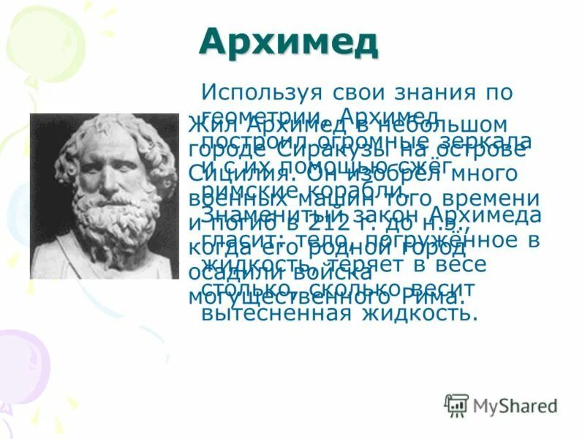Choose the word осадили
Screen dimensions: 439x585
[229, 271]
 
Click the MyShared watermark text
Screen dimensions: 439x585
[515, 405]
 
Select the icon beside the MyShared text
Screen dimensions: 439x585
[456, 405]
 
